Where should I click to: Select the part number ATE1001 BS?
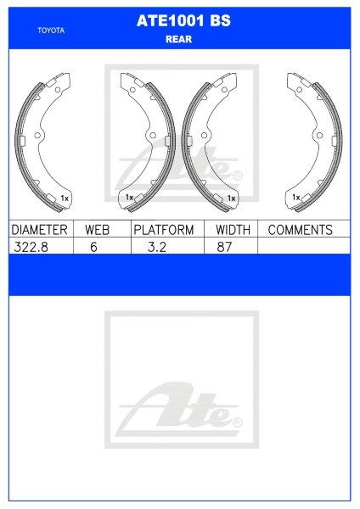[x=178, y=25]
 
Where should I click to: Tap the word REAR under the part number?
[x=178, y=38]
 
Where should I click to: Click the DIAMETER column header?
[x=39, y=230]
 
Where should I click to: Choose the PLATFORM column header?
[x=164, y=230]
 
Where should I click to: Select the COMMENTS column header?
[x=300, y=230]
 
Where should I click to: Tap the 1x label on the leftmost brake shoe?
[x=65, y=199]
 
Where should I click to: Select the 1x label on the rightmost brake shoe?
[x=295, y=197]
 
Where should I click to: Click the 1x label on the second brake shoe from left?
[x=129, y=197]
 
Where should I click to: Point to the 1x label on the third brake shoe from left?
[x=231, y=199]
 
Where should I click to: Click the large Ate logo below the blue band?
[x=179, y=407]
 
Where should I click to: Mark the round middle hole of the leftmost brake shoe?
[x=38, y=136]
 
